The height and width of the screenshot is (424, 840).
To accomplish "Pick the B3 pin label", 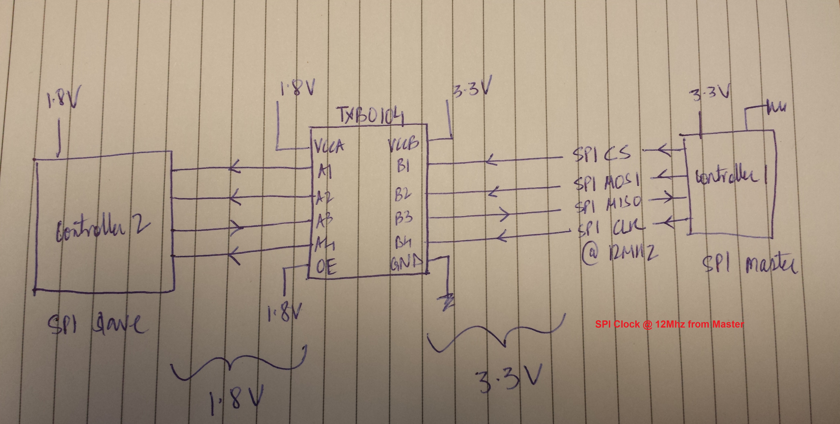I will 404,217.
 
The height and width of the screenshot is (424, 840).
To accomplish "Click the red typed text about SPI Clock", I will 669,324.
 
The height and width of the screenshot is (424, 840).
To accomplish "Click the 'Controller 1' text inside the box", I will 731,176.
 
